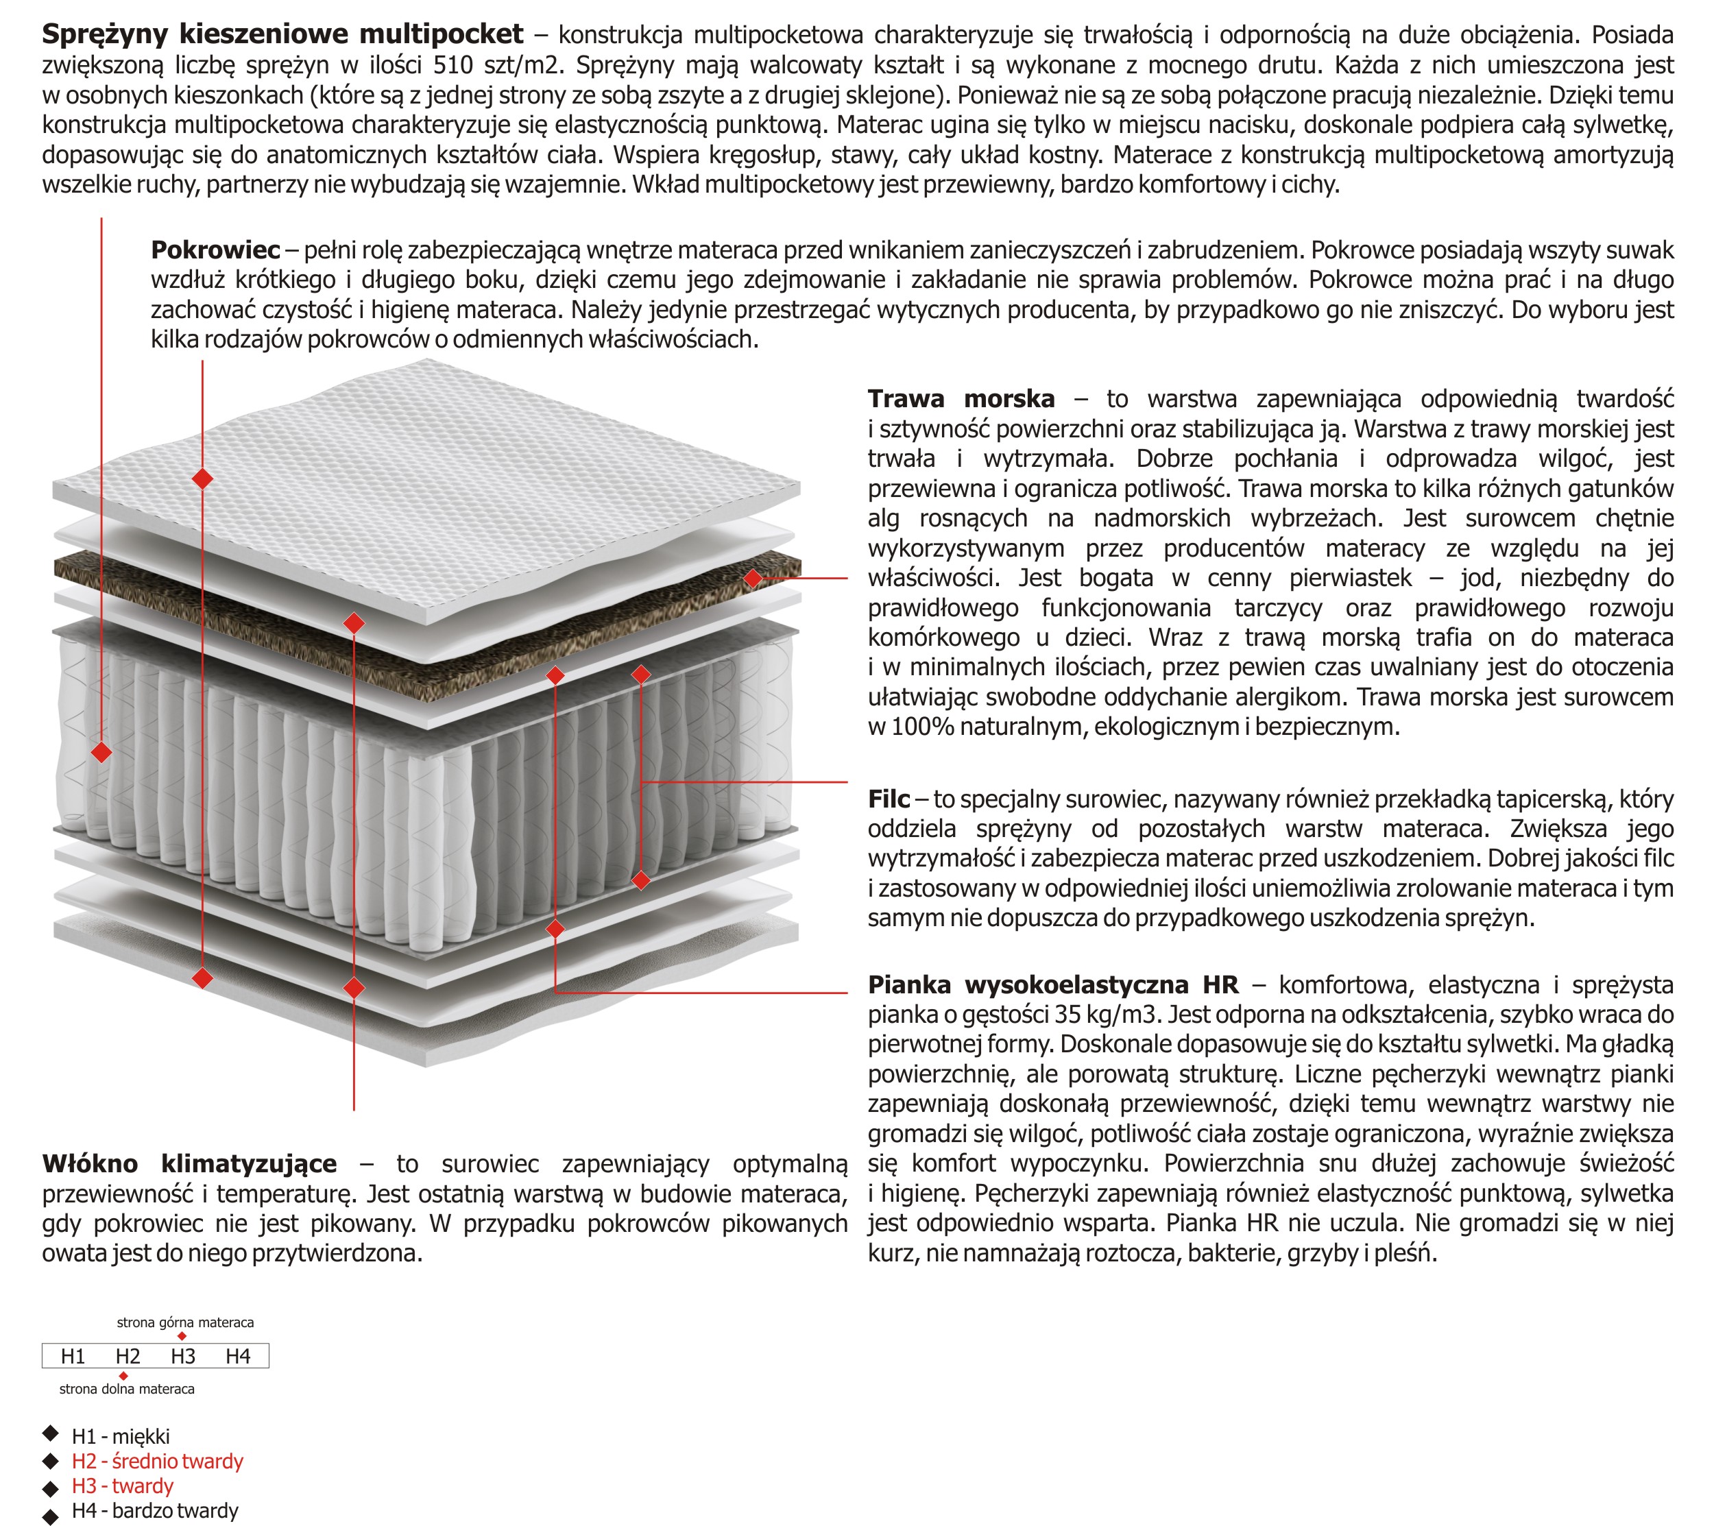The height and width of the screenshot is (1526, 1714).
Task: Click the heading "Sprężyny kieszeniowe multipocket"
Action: [282, 34]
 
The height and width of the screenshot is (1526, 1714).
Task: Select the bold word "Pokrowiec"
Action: [215, 250]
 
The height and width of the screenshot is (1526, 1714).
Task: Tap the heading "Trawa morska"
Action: [961, 399]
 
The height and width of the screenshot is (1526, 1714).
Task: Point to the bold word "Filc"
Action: [888, 799]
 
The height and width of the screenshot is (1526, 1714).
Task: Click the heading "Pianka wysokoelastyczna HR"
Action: [1052, 984]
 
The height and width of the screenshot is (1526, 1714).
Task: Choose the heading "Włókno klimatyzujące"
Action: [189, 1164]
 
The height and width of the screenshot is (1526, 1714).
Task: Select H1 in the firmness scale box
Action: [73, 1357]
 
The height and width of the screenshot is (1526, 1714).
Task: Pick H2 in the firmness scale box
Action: [128, 1357]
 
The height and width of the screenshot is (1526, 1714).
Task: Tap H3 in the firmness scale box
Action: [183, 1357]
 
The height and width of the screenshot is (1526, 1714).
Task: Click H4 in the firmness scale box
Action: [238, 1357]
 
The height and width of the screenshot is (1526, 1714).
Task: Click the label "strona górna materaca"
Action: [185, 1322]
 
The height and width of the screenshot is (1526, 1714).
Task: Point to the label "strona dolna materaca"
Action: [127, 1388]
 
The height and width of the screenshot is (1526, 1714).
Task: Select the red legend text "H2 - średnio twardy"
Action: [158, 1462]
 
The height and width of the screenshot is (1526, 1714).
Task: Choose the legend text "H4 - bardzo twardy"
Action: [155, 1511]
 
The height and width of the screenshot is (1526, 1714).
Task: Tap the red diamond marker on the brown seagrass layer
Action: [753, 578]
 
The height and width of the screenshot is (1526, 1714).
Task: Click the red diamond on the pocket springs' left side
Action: [101, 752]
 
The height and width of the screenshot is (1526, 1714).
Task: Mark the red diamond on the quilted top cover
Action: [202, 479]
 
